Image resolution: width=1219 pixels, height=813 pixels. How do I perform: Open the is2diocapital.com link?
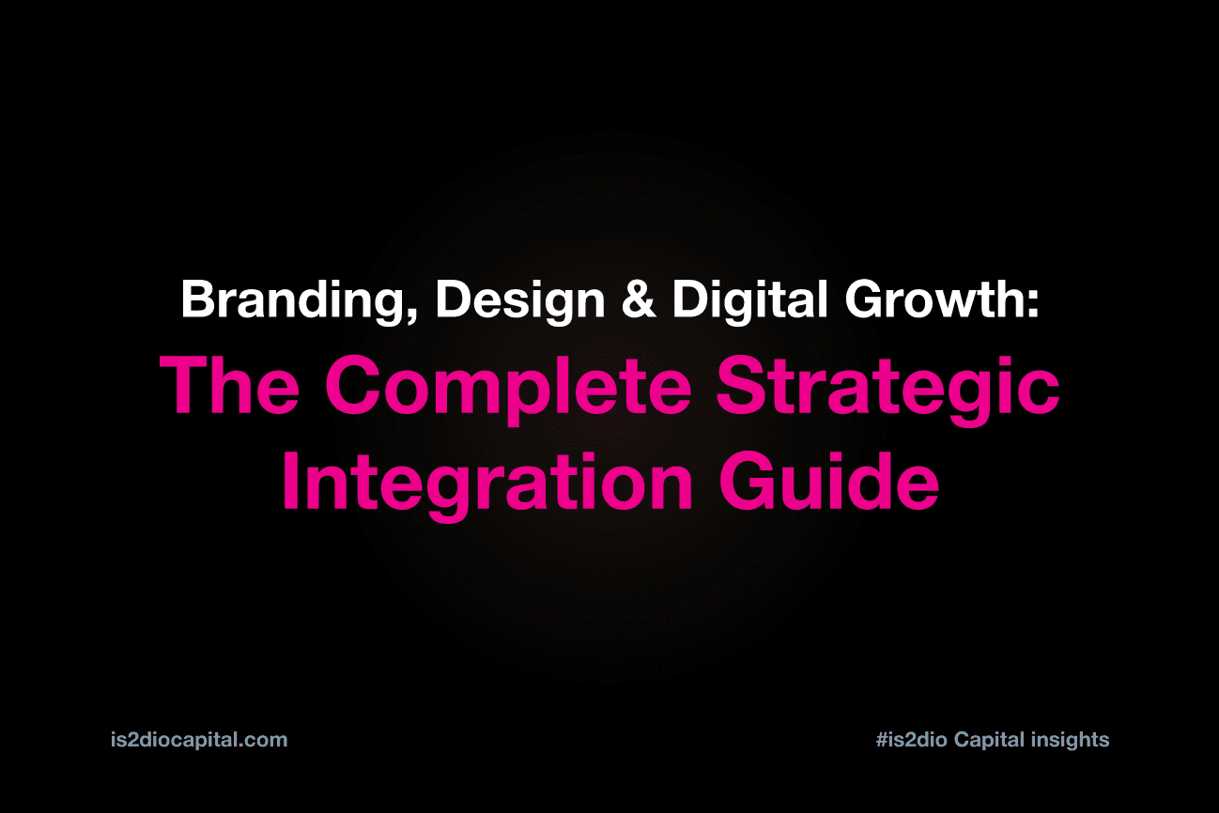point(198,740)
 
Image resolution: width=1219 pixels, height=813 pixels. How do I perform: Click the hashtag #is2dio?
point(911,740)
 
